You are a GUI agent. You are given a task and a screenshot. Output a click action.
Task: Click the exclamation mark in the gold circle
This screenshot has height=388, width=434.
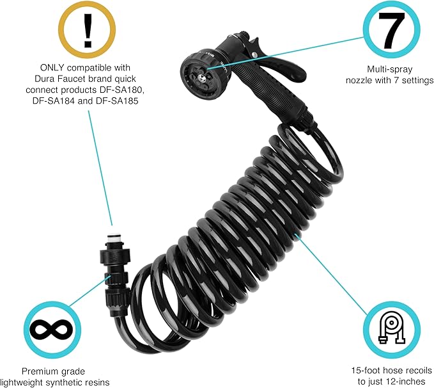(x=88, y=30)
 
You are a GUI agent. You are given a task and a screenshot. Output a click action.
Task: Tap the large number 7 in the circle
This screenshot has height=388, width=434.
(x=391, y=29)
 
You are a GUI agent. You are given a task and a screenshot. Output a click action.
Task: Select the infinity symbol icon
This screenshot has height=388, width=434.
(x=51, y=330)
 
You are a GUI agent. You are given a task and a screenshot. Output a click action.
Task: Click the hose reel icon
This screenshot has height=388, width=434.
(x=391, y=328)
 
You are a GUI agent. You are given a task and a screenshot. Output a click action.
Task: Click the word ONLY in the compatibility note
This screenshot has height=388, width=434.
(x=52, y=68)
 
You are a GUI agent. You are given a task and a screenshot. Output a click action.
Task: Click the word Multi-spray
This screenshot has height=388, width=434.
(x=390, y=69)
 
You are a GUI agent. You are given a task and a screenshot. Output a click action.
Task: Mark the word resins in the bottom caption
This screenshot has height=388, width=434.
(x=97, y=382)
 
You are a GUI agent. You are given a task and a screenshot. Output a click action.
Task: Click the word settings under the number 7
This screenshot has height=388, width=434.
(x=417, y=81)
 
